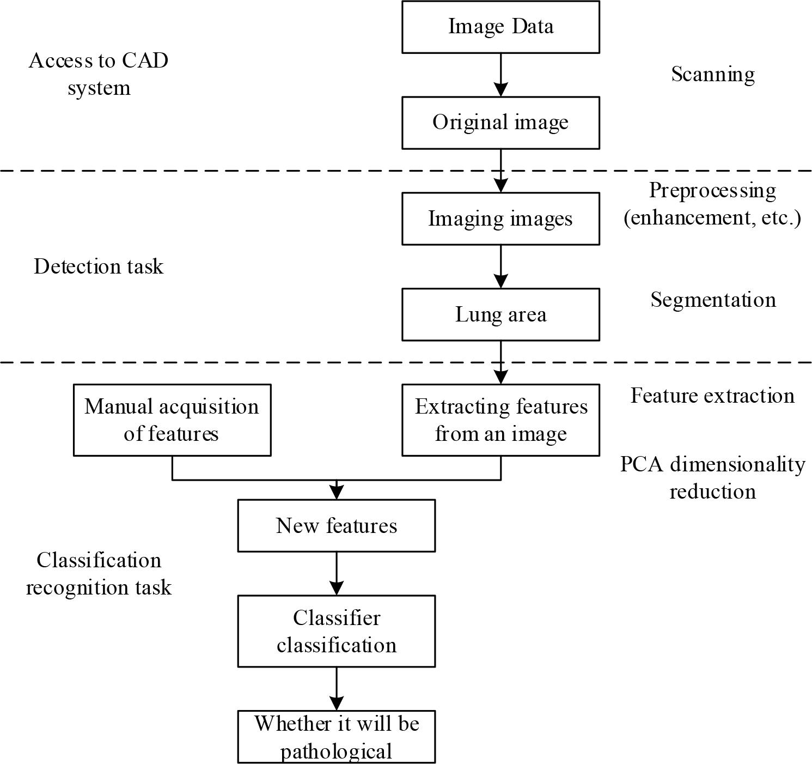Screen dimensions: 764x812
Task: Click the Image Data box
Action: (x=500, y=27)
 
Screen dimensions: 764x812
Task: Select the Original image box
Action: (x=500, y=123)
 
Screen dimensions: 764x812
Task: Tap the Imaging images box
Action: (x=500, y=219)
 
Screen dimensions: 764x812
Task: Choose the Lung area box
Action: (x=500, y=314)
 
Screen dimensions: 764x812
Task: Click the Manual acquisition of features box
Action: (x=172, y=420)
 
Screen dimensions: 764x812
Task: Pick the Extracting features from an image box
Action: (x=500, y=420)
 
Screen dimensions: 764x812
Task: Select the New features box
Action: (x=337, y=525)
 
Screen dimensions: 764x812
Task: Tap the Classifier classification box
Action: (x=337, y=631)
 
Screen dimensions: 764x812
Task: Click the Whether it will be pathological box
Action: (x=337, y=737)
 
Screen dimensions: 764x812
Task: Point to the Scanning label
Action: (x=712, y=74)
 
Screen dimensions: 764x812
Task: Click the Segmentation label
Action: (x=713, y=300)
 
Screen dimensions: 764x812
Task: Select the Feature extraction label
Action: (x=712, y=396)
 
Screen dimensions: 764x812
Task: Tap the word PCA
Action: (x=642, y=465)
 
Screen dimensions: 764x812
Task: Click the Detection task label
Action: (x=99, y=266)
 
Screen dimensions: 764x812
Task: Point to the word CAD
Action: (x=145, y=60)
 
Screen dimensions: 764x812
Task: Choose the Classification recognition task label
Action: (x=99, y=574)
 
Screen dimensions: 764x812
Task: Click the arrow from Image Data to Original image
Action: (x=500, y=75)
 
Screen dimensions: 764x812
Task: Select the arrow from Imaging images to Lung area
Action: (x=500, y=266)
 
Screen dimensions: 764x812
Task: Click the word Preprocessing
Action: (x=712, y=191)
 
